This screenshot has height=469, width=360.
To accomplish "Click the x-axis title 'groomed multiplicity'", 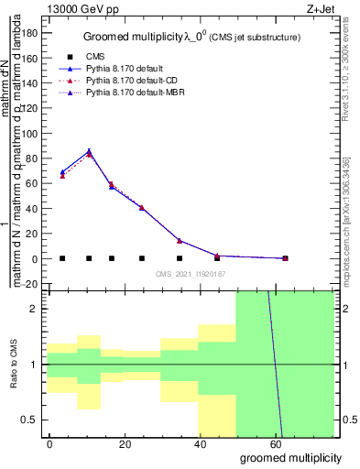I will tap(292, 457).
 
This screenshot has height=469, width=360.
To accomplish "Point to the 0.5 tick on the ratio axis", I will tap(35, 420).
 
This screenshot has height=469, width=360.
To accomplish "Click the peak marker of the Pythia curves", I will tap(89, 152).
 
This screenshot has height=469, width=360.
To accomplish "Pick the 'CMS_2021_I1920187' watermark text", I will tap(190, 273).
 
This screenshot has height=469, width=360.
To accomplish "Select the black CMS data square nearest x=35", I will tap(180, 258).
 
